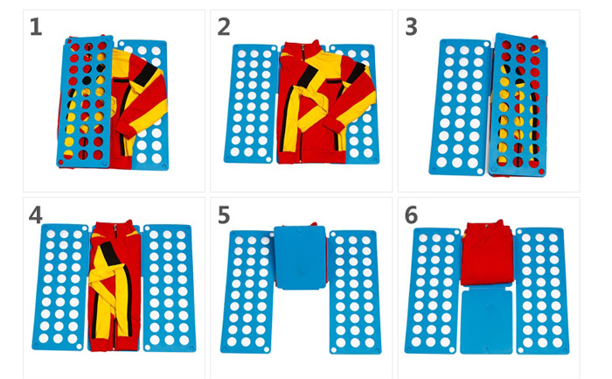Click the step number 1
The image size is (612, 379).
[36, 27]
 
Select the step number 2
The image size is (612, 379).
[224, 27]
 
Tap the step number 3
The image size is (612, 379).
[412, 27]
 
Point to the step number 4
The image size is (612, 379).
[36, 215]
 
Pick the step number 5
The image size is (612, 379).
[224, 215]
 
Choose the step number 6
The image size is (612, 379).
[412, 215]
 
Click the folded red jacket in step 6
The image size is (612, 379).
[487, 253]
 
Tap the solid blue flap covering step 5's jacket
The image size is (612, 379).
[300, 257]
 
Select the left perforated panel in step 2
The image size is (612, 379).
[250, 103]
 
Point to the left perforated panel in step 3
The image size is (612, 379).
[459, 107]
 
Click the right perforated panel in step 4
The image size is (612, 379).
[169, 288]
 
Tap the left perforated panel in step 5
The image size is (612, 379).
[247, 291]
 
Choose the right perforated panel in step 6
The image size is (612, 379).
[541, 291]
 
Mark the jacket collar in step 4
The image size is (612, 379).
[115, 228]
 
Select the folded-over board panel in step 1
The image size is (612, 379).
[86, 102]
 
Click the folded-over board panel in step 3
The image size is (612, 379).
[518, 105]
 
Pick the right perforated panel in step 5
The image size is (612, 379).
[354, 291]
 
